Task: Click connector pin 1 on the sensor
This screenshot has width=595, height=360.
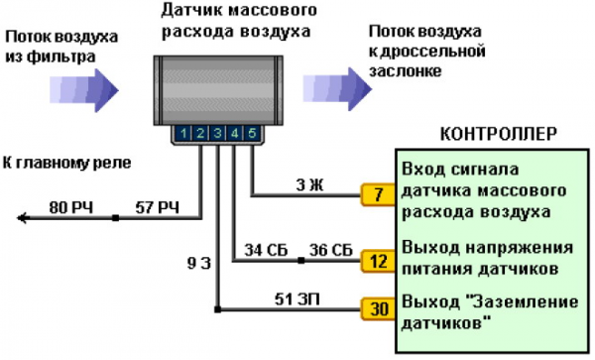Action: [184, 133]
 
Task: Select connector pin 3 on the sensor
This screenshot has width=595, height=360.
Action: [218, 133]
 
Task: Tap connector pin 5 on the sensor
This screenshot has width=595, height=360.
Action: [252, 133]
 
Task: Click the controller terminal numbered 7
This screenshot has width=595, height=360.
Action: [377, 194]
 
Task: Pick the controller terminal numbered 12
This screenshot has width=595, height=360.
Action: [377, 261]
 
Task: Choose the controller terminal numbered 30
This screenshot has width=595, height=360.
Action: [377, 308]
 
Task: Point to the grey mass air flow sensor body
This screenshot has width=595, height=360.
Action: [217, 90]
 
